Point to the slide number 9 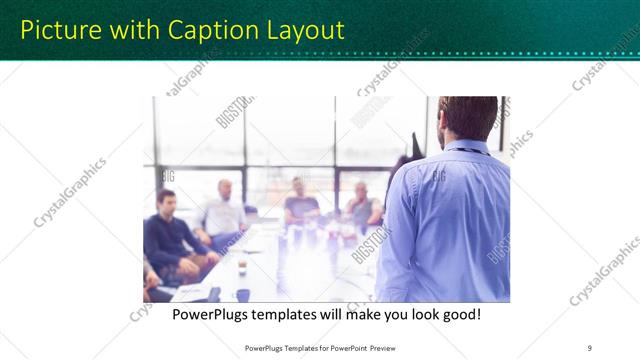(x=590, y=347)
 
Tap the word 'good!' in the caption (x=461, y=314)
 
